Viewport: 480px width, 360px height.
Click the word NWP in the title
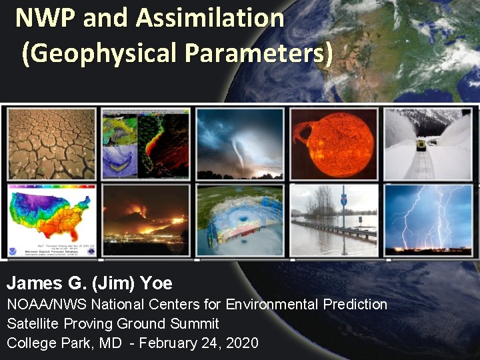point(45,18)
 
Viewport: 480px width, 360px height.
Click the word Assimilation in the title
point(210,18)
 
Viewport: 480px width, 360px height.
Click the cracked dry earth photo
point(51,143)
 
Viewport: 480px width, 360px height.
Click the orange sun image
point(333,143)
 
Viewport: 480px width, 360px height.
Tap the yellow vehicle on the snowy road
point(421,145)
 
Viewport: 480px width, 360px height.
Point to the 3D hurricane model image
point(239,221)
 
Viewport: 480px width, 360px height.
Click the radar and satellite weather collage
point(145,143)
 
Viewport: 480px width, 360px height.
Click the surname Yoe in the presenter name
point(157,283)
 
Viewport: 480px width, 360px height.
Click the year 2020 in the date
point(243,343)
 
